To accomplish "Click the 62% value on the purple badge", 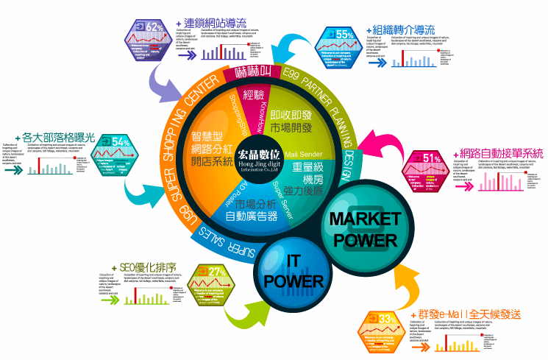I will point(154,27).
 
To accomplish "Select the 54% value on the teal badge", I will point(121,142).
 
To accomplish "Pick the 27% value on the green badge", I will point(216,272).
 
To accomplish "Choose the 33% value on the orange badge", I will point(385,318).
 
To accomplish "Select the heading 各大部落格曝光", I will point(59,136).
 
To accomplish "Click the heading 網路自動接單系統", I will point(500,153).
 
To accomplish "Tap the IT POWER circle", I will point(293,272).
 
